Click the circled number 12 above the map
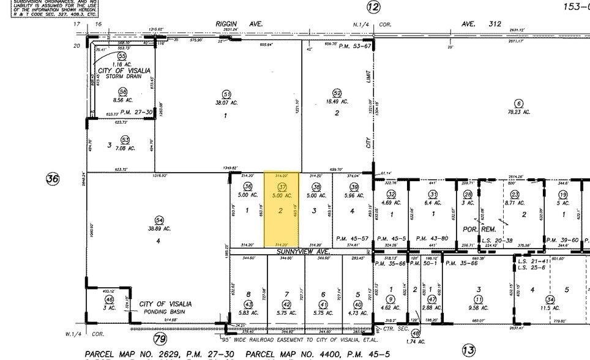373,7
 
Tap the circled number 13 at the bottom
468,350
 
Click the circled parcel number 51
226,94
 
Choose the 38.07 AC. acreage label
226,103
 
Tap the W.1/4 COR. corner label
86,334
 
